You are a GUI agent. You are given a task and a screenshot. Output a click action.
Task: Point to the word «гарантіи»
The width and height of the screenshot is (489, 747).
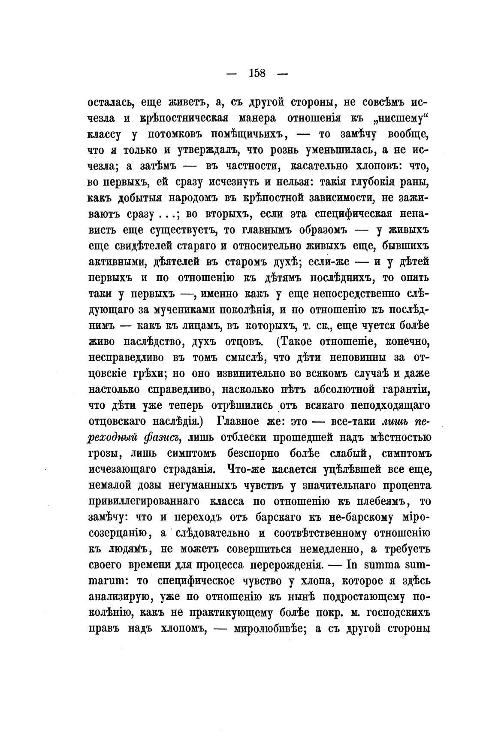pos(399,389)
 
